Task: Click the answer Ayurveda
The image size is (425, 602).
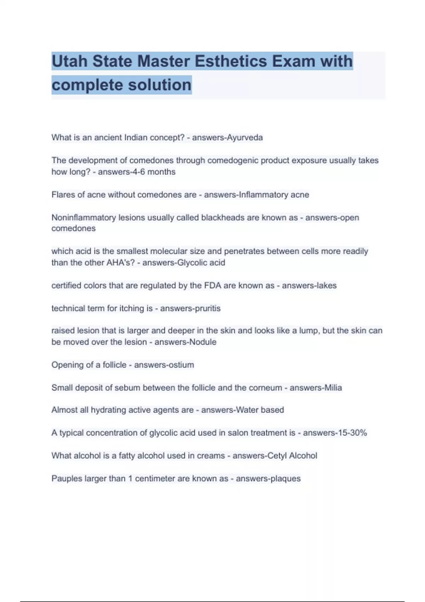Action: [245, 137]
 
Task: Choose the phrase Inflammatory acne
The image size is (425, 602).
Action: [274, 195]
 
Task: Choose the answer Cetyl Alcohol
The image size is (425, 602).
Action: [292, 456]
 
